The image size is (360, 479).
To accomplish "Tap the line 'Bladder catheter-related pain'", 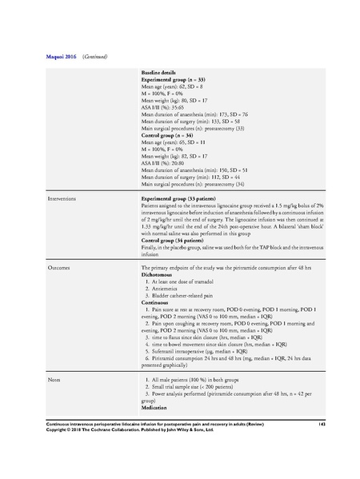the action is (181, 296).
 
